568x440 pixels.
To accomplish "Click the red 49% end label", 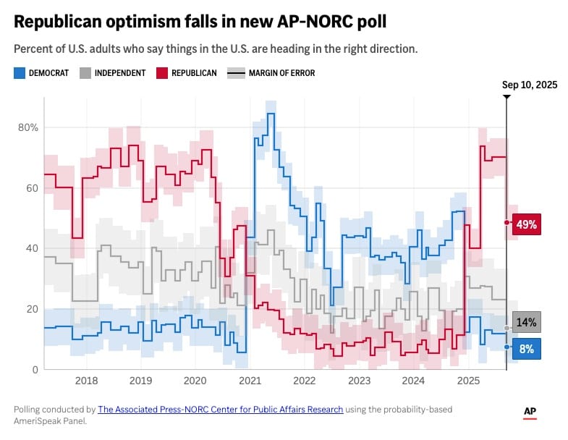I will click(x=526, y=224).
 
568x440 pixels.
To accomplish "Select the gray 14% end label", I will click(x=526, y=322).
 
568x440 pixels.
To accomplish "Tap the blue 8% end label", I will click(x=526, y=349).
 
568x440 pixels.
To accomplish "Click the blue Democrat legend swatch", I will click(x=20, y=73).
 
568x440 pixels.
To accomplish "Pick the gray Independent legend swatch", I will click(x=85, y=73).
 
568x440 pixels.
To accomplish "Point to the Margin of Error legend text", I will click(x=281, y=73).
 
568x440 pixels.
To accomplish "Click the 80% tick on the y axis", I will click(x=28, y=127).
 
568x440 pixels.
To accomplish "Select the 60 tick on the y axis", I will click(x=33, y=188).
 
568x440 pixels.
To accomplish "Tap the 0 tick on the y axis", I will click(x=35, y=370).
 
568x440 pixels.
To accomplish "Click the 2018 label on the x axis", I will click(x=86, y=381).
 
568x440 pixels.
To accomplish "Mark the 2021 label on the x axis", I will click(x=250, y=381).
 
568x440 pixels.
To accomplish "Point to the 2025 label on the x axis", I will click(x=468, y=381).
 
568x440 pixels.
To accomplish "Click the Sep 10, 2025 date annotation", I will click(x=530, y=85).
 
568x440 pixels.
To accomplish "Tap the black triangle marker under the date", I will click(x=506, y=96).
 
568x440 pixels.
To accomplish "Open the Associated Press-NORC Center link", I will click(x=221, y=410).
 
